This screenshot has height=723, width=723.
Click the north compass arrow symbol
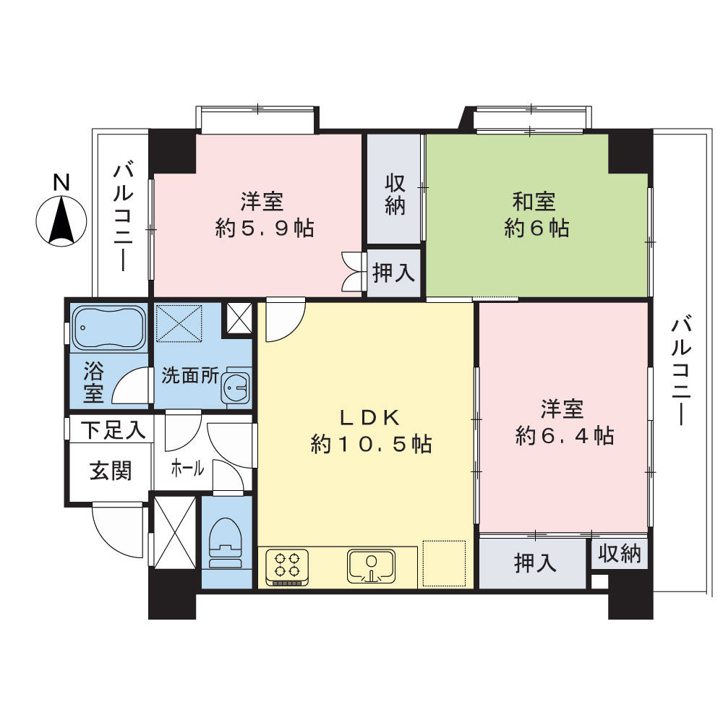point(61,221)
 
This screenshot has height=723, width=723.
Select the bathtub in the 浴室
point(108,329)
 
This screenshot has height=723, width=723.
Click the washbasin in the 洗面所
point(236,389)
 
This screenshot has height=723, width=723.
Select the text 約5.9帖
point(264,228)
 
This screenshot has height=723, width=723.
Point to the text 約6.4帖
point(565,436)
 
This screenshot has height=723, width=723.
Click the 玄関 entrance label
point(111,471)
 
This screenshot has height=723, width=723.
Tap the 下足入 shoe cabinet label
point(112,431)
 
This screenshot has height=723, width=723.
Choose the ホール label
point(187,469)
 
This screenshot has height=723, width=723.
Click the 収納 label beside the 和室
point(394,194)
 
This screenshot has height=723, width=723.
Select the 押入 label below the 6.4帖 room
point(535,562)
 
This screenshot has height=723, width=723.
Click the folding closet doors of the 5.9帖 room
point(352,270)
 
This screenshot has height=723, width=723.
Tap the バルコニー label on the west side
point(121,217)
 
